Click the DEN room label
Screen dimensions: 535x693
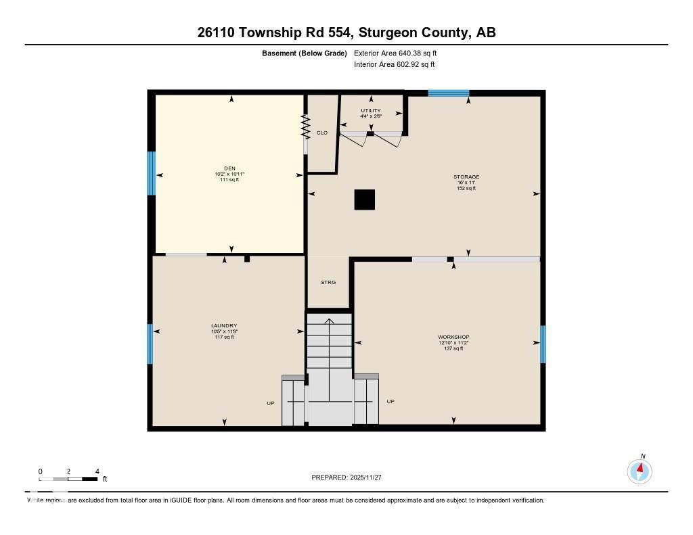229,169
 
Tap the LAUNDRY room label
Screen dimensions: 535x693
224,325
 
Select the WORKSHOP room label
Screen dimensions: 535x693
453,337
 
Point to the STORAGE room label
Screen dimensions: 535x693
466,177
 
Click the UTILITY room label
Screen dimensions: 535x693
371,110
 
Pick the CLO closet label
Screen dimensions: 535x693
322,133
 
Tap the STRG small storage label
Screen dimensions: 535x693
328,282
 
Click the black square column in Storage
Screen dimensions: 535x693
364,200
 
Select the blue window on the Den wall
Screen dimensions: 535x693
152,173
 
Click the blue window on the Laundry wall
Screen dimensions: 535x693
151,344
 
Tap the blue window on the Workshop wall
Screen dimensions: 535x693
543,344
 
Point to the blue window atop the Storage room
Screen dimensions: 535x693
448,93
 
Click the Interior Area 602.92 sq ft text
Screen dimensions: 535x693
394,65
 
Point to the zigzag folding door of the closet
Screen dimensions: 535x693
305,126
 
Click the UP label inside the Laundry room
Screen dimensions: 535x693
270,403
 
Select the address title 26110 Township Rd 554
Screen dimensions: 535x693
274,32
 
